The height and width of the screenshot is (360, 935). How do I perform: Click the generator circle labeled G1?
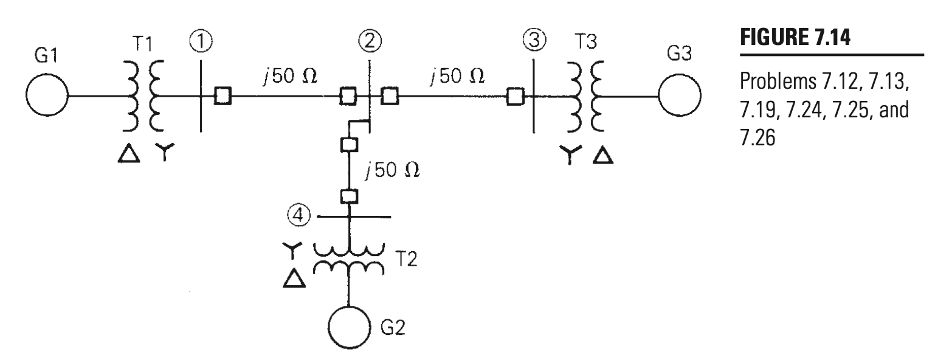(x=47, y=95)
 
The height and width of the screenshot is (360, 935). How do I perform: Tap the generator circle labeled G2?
(x=349, y=331)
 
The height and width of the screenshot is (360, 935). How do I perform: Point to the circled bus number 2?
(x=370, y=43)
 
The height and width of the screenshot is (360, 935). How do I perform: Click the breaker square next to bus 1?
(x=222, y=96)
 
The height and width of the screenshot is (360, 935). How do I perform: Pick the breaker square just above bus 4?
(x=349, y=196)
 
